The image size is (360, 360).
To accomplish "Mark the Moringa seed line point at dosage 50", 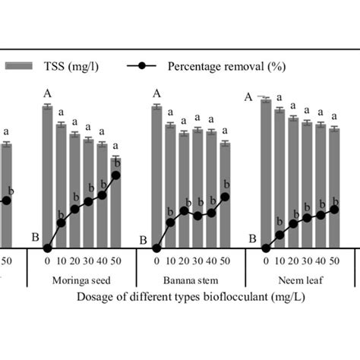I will pyautogui.click(x=115, y=175).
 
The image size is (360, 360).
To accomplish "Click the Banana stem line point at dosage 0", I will pyautogui.click(x=156, y=248).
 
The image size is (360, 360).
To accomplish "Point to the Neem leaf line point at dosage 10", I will pyautogui.click(x=279, y=235).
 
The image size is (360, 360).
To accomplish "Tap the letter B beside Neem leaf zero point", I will pyautogui.click(x=253, y=240).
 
